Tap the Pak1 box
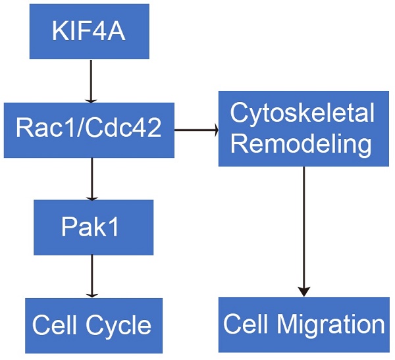click(93, 227)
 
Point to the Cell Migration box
click(303, 324)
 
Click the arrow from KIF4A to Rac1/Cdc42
click(92, 80)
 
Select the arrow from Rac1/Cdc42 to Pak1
click(92, 178)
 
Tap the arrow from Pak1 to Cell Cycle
click(92, 276)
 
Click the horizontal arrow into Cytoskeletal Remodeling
click(196, 130)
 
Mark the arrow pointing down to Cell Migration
click(303, 230)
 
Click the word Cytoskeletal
click(302, 114)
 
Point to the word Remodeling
click(302, 144)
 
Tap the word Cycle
click(120, 325)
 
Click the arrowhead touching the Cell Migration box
click(303, 292)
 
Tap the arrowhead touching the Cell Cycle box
click(92, 294)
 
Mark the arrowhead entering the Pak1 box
click(92, 196)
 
